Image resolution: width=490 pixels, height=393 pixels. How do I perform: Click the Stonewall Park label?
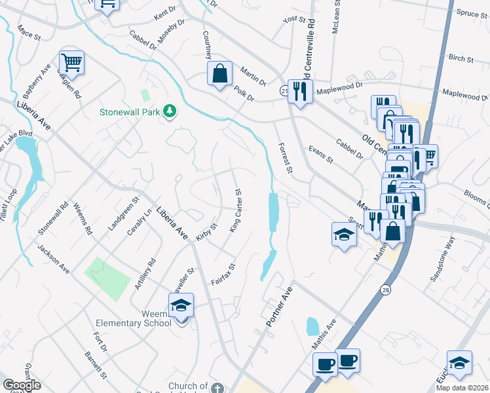(130, 112)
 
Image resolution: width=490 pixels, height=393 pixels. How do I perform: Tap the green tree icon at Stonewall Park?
(170, 111)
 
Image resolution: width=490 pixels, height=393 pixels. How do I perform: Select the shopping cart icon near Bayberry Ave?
(71, 63)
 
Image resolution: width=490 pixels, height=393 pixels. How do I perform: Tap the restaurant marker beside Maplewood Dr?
(301, 92)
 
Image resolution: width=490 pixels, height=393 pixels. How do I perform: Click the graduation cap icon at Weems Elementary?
(181, 305)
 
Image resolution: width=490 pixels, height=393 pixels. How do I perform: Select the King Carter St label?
(236, 212)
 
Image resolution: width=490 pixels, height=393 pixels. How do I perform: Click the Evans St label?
(321, 155)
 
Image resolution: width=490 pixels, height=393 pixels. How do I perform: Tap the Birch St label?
(461, 58)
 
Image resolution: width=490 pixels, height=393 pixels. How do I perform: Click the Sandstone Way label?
(442, 259)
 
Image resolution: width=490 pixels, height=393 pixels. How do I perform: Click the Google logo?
(22, 384)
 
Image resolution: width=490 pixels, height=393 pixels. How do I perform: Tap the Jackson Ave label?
(54, 259)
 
